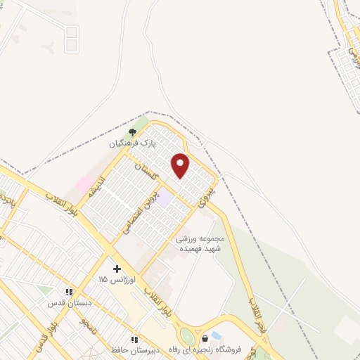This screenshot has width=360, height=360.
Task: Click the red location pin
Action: pos(181,165)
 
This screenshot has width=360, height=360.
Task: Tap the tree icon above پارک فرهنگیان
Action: pos(131,132)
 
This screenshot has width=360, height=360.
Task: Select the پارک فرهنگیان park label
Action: pos(131,143)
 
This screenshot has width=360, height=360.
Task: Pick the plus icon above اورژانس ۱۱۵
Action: pos(117,269)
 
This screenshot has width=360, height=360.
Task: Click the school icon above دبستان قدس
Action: pos(69,292)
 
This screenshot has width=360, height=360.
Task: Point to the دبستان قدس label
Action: pos(66,302)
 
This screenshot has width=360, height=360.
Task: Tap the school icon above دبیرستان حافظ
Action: pos(134,340)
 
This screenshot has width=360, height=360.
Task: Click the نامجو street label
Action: pos(89,326)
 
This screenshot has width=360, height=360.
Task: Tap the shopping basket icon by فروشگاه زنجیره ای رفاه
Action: pos(205,339)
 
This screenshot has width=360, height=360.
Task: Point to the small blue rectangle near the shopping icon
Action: pos(217,335)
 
